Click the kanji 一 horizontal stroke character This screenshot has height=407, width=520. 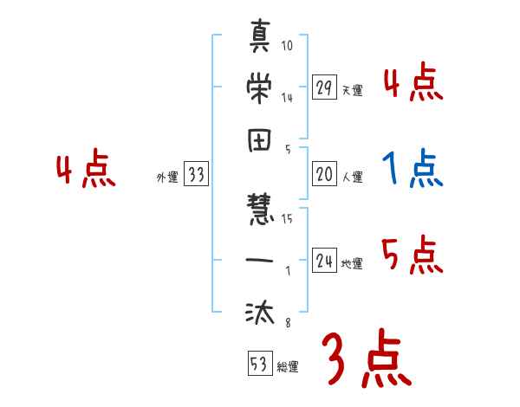(x=260, y=259)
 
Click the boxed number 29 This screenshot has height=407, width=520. (x=324, y=88)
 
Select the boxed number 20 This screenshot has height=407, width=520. (x=324, y=174)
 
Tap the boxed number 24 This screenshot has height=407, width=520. (x=324, y=261)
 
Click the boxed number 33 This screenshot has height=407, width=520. (x=196, y=175)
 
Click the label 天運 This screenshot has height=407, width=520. (x=352, y=90)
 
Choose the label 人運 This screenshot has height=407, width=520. (x=352, y=177)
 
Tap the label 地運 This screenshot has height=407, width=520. (x=352, y=263)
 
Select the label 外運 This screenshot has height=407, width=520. (x=166, y=177)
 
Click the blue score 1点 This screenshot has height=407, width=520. (x=413, y=169)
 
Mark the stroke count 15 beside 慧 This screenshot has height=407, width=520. (x=287, y=219)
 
